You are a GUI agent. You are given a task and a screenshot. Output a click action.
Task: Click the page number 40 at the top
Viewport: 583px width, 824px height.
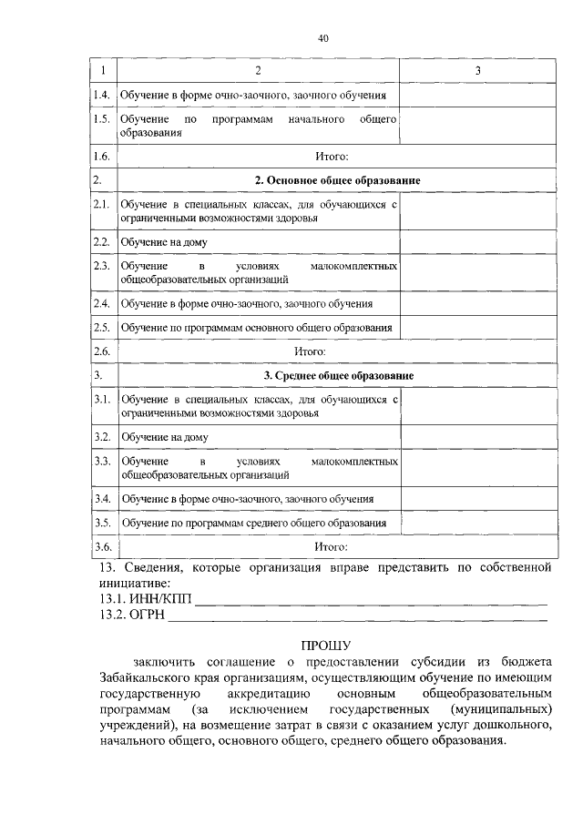323,38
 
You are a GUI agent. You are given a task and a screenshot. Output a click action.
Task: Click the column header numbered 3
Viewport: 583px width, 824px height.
477,71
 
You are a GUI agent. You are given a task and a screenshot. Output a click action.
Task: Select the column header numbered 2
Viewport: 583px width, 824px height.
259,71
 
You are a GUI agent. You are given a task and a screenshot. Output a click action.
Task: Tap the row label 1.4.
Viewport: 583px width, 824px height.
102,95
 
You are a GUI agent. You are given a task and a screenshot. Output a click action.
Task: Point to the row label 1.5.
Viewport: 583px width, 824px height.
102,119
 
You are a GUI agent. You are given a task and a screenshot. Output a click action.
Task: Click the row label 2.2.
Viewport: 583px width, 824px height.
102,242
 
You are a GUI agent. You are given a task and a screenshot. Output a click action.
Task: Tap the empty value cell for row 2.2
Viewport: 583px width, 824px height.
477,242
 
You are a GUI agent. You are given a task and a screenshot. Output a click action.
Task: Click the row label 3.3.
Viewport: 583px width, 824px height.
102,462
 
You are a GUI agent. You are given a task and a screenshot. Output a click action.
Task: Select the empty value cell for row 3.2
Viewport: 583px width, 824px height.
477,437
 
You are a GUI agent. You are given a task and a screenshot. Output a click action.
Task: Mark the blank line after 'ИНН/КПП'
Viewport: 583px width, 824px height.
373,601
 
